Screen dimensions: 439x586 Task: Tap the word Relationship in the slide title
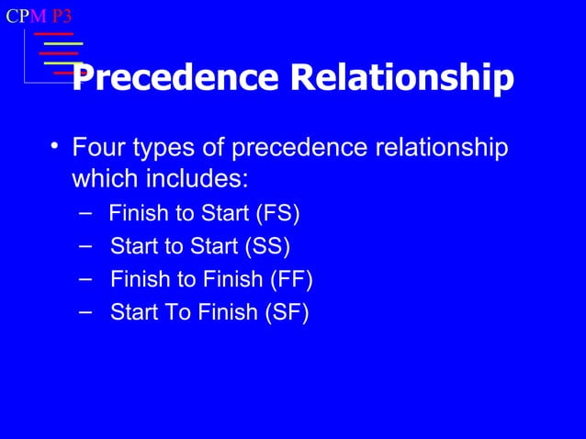click(401, 79)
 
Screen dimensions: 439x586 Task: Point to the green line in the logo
click(62, 43)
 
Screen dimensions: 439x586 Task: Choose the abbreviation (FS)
click(277, 214)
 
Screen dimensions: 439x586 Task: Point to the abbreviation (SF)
click(287, 312)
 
